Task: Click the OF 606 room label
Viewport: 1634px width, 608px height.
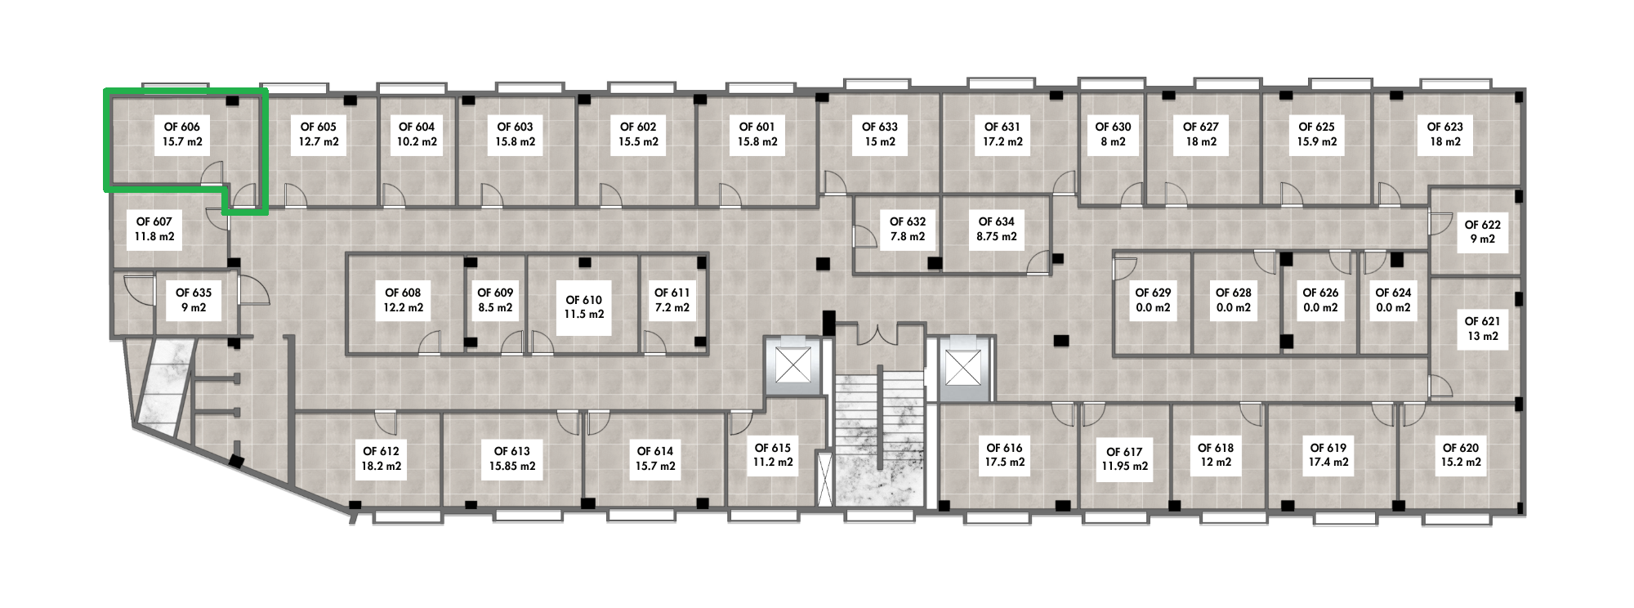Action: pos(182,134)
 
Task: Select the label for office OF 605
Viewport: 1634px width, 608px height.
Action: pos(319,134)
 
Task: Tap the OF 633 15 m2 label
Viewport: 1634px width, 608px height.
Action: pos(879,134)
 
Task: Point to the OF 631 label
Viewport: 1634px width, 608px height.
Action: pos(1002,134)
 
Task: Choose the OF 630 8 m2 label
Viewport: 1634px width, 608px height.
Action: pos(1113,134)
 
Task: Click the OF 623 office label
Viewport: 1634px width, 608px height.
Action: pos(1444,134)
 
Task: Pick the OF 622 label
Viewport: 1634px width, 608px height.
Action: pos(1482,231)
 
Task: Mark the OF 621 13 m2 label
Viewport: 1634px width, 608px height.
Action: pos(1482,329)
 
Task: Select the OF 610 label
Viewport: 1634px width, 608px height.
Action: pos(584,306)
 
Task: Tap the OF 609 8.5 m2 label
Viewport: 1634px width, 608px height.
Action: pos(495,300)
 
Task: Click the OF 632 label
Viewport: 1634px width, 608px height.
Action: pos(908,229)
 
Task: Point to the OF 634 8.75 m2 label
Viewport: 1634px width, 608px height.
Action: pos(997,229)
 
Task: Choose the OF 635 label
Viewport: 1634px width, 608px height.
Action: pos(194,300)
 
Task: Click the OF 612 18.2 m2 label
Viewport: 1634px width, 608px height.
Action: pos(382,458)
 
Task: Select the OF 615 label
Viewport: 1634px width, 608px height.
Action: pos(773,454)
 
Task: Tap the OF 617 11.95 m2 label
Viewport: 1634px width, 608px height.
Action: pos(1124,458)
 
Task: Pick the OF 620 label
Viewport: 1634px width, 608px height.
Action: pos(1461,454)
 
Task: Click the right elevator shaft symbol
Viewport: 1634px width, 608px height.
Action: pos(961,367)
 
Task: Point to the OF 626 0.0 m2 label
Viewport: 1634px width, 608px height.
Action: pos(1320,300)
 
